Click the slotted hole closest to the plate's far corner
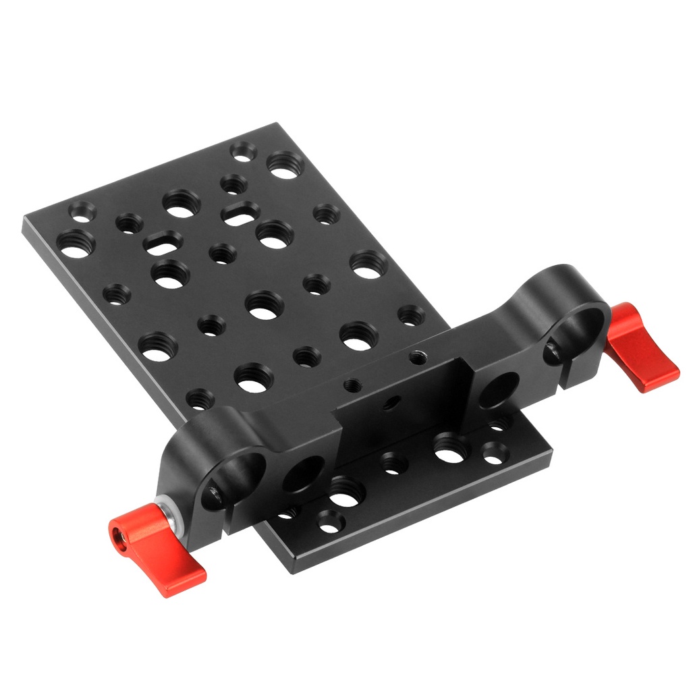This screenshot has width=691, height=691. point(240,215)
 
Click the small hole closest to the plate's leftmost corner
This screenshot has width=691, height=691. point(82,213)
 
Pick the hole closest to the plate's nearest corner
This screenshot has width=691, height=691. point(331,520)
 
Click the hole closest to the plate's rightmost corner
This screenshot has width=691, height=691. point(495,453)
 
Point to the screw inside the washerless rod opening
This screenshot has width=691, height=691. point(551,352)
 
